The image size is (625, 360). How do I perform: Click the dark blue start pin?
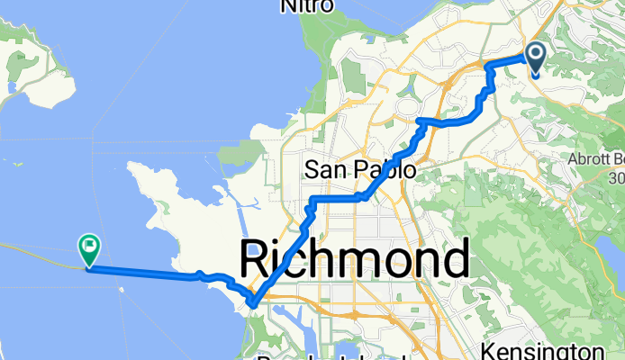tap(535, 58)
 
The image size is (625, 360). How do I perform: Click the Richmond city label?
tap(354, 261)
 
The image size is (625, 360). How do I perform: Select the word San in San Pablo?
tap(323, 169)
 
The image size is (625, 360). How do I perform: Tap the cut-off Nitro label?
tap(307, 6)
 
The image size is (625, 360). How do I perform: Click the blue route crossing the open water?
tap(144, 273)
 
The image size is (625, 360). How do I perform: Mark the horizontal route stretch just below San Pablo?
tap(335, 196)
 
